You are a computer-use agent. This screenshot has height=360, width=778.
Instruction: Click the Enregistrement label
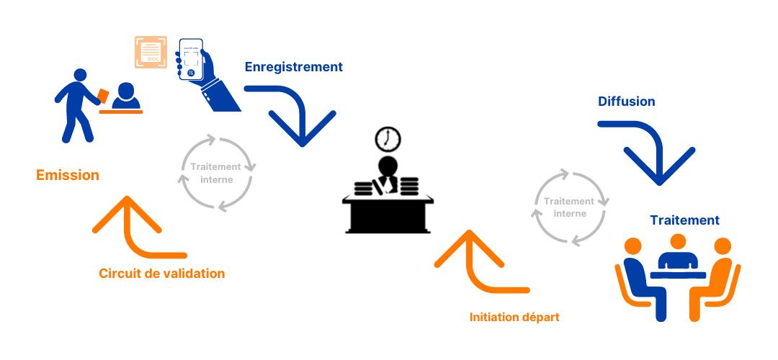click(x=293, y=67)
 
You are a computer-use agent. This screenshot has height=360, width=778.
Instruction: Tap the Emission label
click(x=68, y=175)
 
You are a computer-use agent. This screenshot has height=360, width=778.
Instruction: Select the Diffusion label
click(x=626, y=102)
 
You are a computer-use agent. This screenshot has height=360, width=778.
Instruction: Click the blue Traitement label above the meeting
click(x=684, y=220)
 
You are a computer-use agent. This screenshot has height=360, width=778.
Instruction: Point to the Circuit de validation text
click(x=161, y=274)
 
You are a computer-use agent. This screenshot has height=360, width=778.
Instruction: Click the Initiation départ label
click(x=514, y=317)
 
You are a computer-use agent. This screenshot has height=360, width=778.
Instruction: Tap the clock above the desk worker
click(x=389, y=138)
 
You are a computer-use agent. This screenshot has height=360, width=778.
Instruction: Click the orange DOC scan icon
click(x=151, y=52)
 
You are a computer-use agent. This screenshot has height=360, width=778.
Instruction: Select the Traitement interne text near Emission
click(x=216, y=173)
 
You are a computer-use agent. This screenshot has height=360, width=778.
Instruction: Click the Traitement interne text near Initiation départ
click(x=569, y=207)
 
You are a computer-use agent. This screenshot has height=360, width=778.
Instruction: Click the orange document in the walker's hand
click(x=104, y=96)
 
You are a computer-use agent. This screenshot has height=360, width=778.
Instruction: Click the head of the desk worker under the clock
click(x=389, y=163)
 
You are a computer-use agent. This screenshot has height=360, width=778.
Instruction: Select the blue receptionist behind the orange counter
click(x=127, y=98)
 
